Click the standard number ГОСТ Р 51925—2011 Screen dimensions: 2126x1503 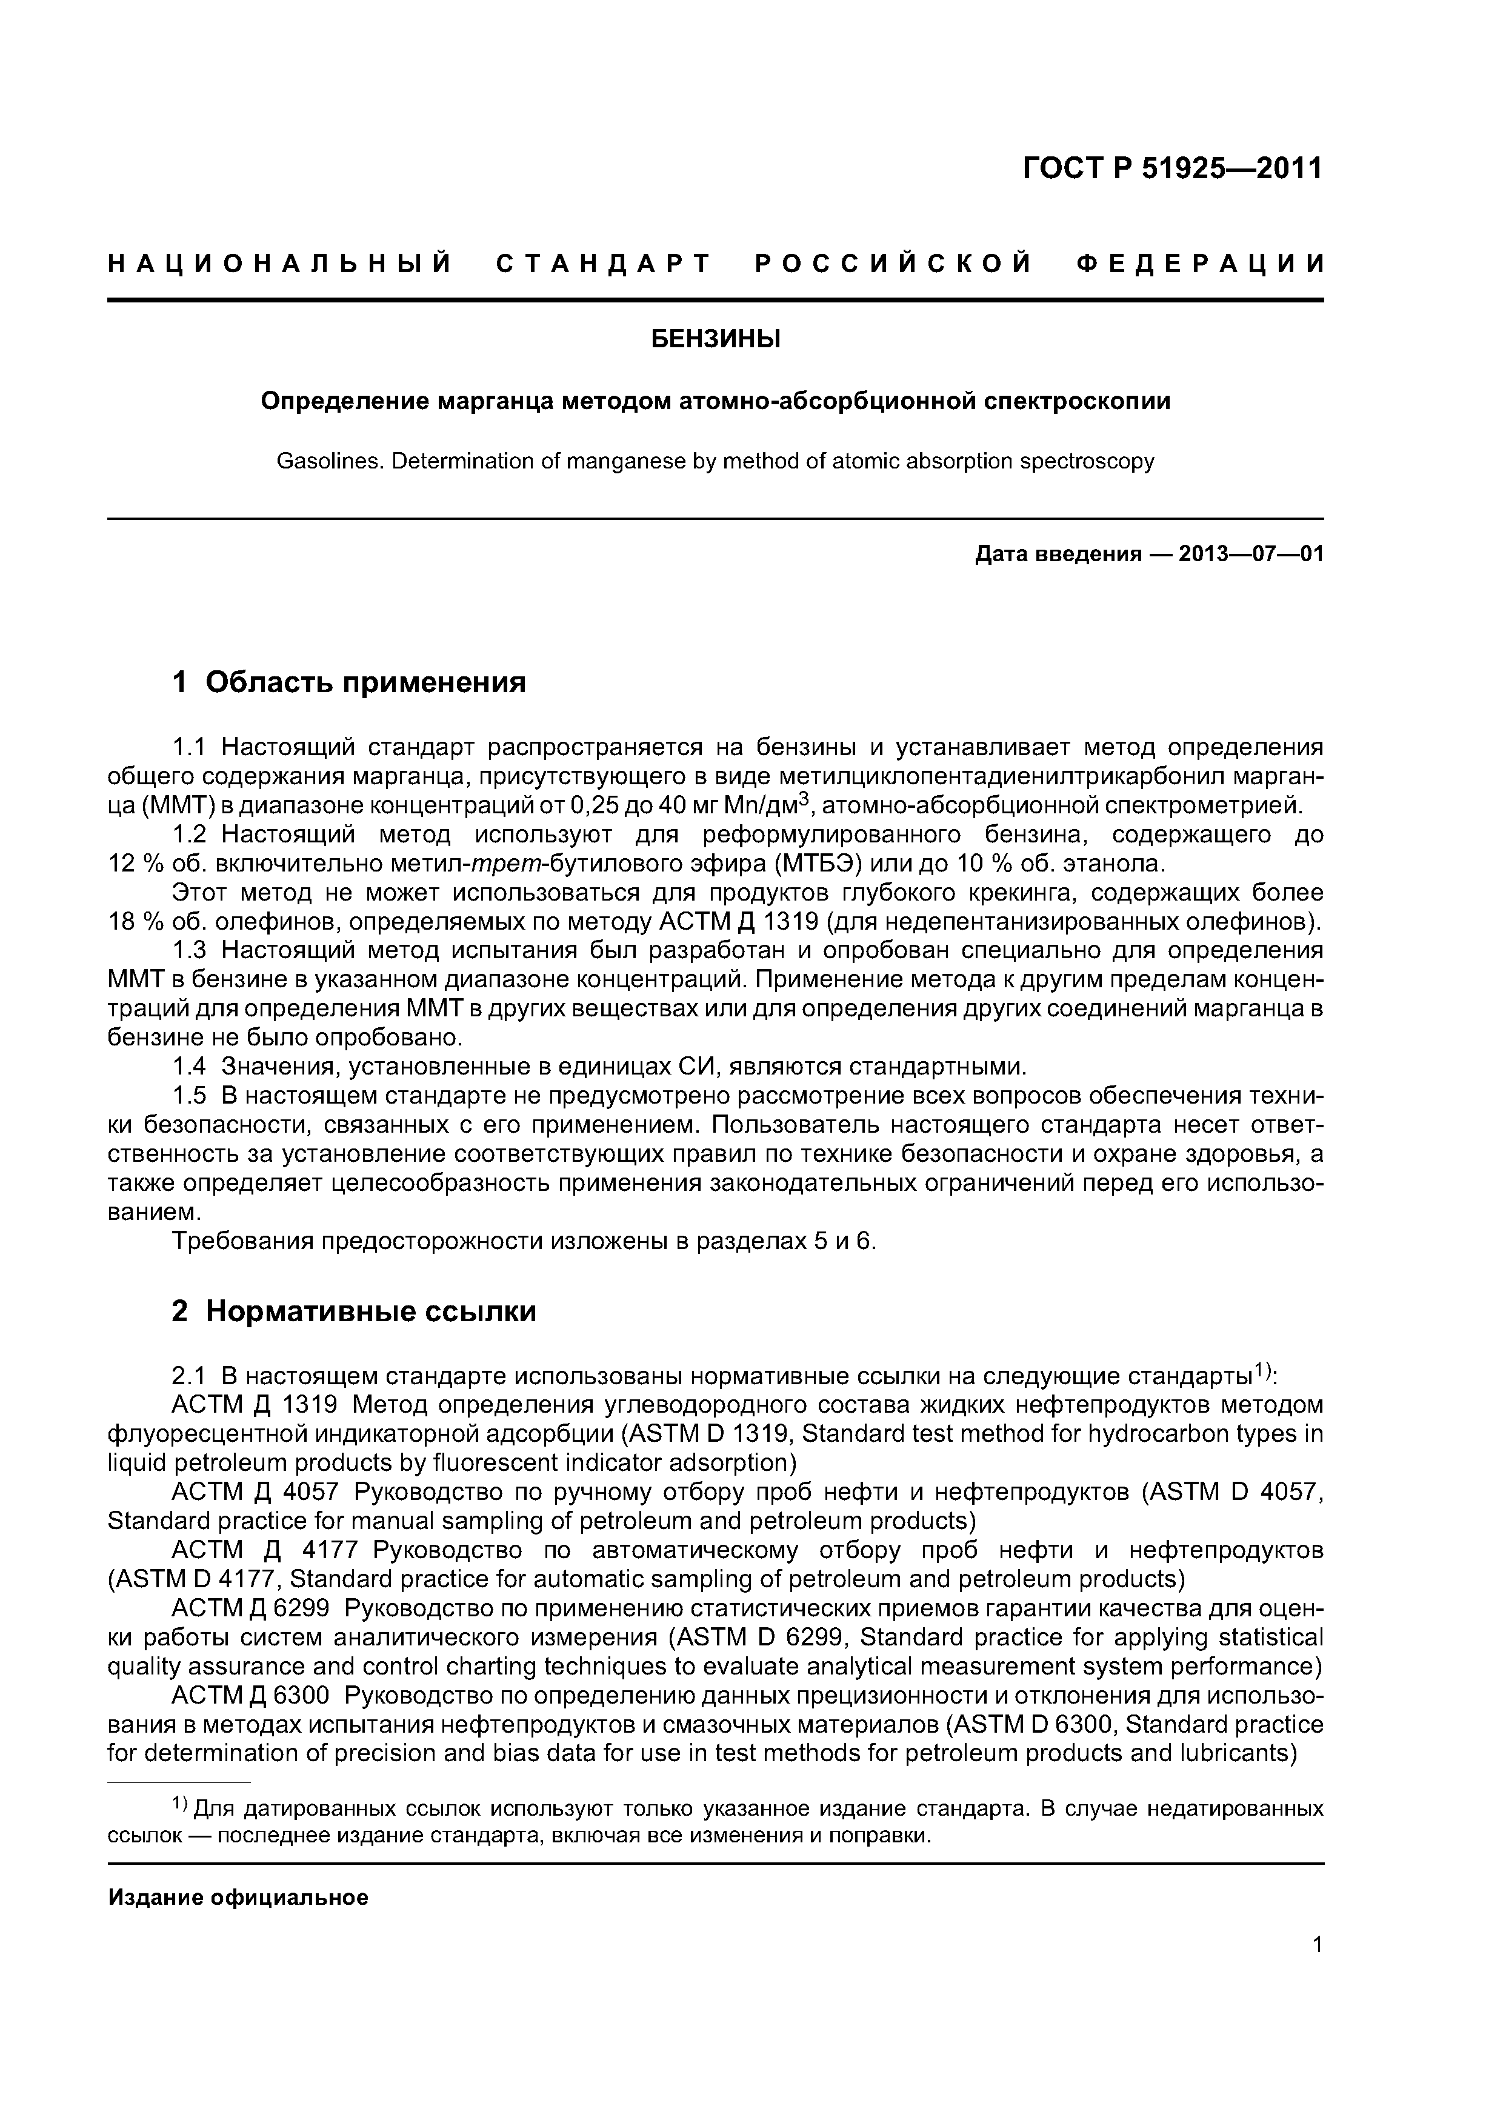(x=1171, y=168)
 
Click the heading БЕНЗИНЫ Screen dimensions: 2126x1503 (x=715, y=340)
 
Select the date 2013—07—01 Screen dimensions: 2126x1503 (x=1250, y=555)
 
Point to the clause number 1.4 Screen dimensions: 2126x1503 (x=190, y=1067)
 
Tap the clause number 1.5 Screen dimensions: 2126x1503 (x=190, y=1095)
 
